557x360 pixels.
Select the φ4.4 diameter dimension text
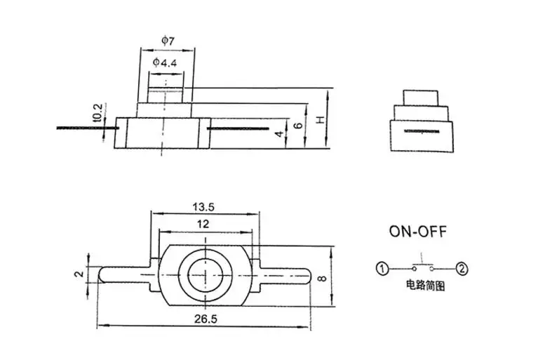[x=165, y=63]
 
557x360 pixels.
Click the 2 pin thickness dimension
[x=80, y=274]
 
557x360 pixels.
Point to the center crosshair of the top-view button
[x=204, y=273]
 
